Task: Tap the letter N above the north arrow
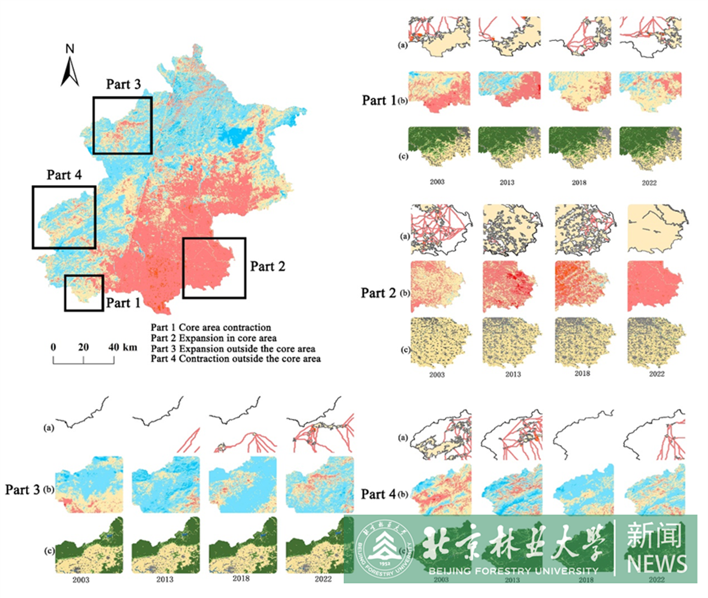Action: tap(70, 49)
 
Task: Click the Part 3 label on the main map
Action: tap(123, 84)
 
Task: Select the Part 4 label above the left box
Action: tap(64, 175)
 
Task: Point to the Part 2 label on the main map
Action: tap(268, 267)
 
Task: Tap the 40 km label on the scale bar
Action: tap(122, 347)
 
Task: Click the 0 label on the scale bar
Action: tap(53, 347)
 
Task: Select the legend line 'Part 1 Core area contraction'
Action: tap(211, 328)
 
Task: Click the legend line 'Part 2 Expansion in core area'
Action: tap(214, 338)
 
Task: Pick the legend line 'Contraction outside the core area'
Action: tap(235, 359)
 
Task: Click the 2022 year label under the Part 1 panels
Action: tap(649, 183)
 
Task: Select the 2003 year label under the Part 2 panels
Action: tap(437, 375)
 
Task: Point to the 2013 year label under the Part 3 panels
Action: tap(165, 579)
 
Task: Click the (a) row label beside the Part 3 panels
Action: tap(49, 428)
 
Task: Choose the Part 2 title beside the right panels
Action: tap(378, 293)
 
